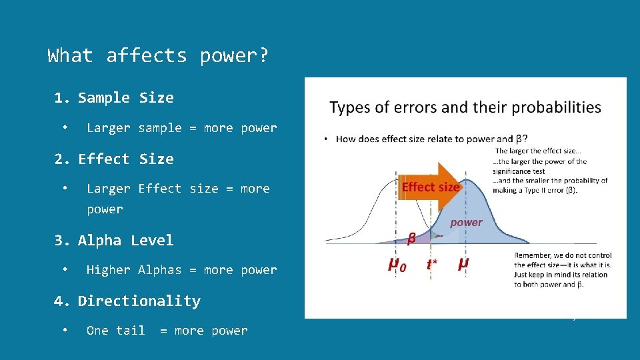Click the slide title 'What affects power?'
click(159, 55)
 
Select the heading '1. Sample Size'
click(114, 98)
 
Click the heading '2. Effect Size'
click(114, 159)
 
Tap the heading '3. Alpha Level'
click(114, 241)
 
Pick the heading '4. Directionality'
click(127, 301)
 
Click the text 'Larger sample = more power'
click(181, 128)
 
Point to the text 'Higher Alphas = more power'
click(181, 270)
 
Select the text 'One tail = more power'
click(167, 331)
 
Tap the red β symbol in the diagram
click(412, 237)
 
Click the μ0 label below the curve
click(397, 264)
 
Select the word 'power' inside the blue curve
click(466, 223)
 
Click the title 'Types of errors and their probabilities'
click(465, 107)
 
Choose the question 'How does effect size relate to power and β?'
click(431, 139)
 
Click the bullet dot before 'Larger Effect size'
click(65, 189)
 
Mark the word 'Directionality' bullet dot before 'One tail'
click(65, 331)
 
